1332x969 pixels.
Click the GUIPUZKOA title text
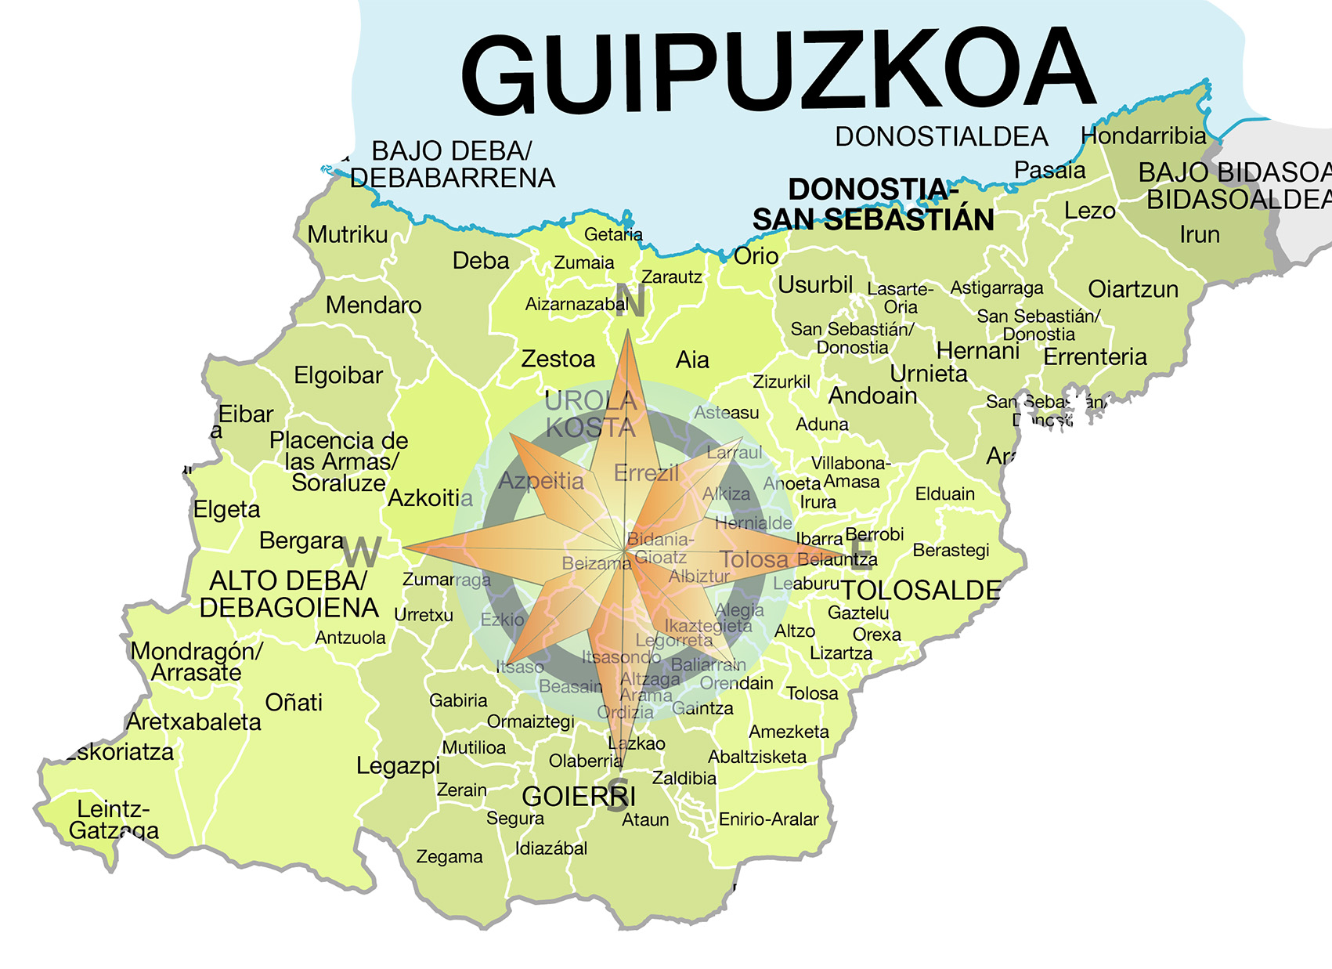click(777, 72)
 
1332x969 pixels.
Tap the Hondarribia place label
click(1143, 136)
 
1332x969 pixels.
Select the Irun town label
click(1199, 234)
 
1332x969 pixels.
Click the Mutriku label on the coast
click(347, 234)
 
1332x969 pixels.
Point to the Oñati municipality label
click(294, 703)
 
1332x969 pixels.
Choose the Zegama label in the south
click(449, 857)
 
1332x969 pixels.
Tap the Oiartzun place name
click(1132, 290)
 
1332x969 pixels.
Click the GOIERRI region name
click(579, 797)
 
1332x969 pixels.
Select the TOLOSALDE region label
click(921, 591)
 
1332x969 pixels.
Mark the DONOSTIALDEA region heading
click(940, 137)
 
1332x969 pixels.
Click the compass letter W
click(362, 553)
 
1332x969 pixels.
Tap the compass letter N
click(630, 300)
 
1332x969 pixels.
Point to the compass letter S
click(618, 794)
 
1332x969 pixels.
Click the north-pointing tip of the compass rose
click(628, 334)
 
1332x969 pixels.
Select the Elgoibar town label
click(338, 376)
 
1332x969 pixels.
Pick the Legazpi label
click(398, 765)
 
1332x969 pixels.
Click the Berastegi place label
click(951, 551)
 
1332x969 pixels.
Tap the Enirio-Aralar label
click(768, 819)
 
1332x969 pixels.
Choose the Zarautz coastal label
click(671, 277)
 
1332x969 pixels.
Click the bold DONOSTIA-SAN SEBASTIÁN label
click(873, 204)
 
